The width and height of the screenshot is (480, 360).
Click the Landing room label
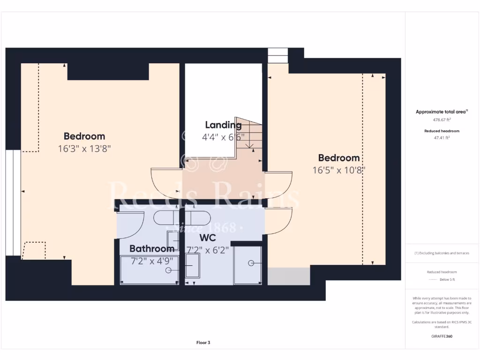[x=223, y=125]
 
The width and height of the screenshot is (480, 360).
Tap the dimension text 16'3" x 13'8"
[x=84, y=149]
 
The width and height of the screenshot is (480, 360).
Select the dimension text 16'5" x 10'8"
[x=338, y=170]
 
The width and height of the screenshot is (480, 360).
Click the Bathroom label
[x=152, y=248]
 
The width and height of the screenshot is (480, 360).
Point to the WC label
[x=208, y=238]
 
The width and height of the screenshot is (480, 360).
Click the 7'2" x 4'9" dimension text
[x=150, y=261]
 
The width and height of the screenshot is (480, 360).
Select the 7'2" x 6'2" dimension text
[x=208, y=250]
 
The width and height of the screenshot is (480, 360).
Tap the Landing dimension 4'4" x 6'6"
[x=223, y=137]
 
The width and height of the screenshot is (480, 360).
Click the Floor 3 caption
[x=203, y=343]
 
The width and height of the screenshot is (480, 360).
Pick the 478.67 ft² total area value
[x=442, y=120]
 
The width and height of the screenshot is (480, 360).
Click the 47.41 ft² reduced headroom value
[x=442, y=138]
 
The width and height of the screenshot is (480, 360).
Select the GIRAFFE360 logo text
[x=442, y=336]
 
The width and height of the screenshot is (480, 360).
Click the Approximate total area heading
[x=442, y=112]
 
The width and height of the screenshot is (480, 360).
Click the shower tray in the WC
[x=248, y=265]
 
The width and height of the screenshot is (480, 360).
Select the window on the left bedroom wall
[x=13, y=202]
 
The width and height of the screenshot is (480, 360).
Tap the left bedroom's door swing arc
[x=165, y=183]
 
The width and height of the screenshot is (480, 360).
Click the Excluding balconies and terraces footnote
[x=442, y=253]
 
